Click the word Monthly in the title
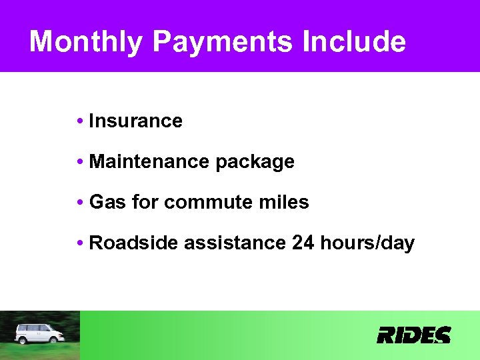pyautogui.click(x=86, y=41)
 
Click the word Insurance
pyautogui.click(x=135, y=121)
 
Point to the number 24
pyautogui.click(x=303, y=243)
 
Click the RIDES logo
pyautogui.click(x=414, y=335)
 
